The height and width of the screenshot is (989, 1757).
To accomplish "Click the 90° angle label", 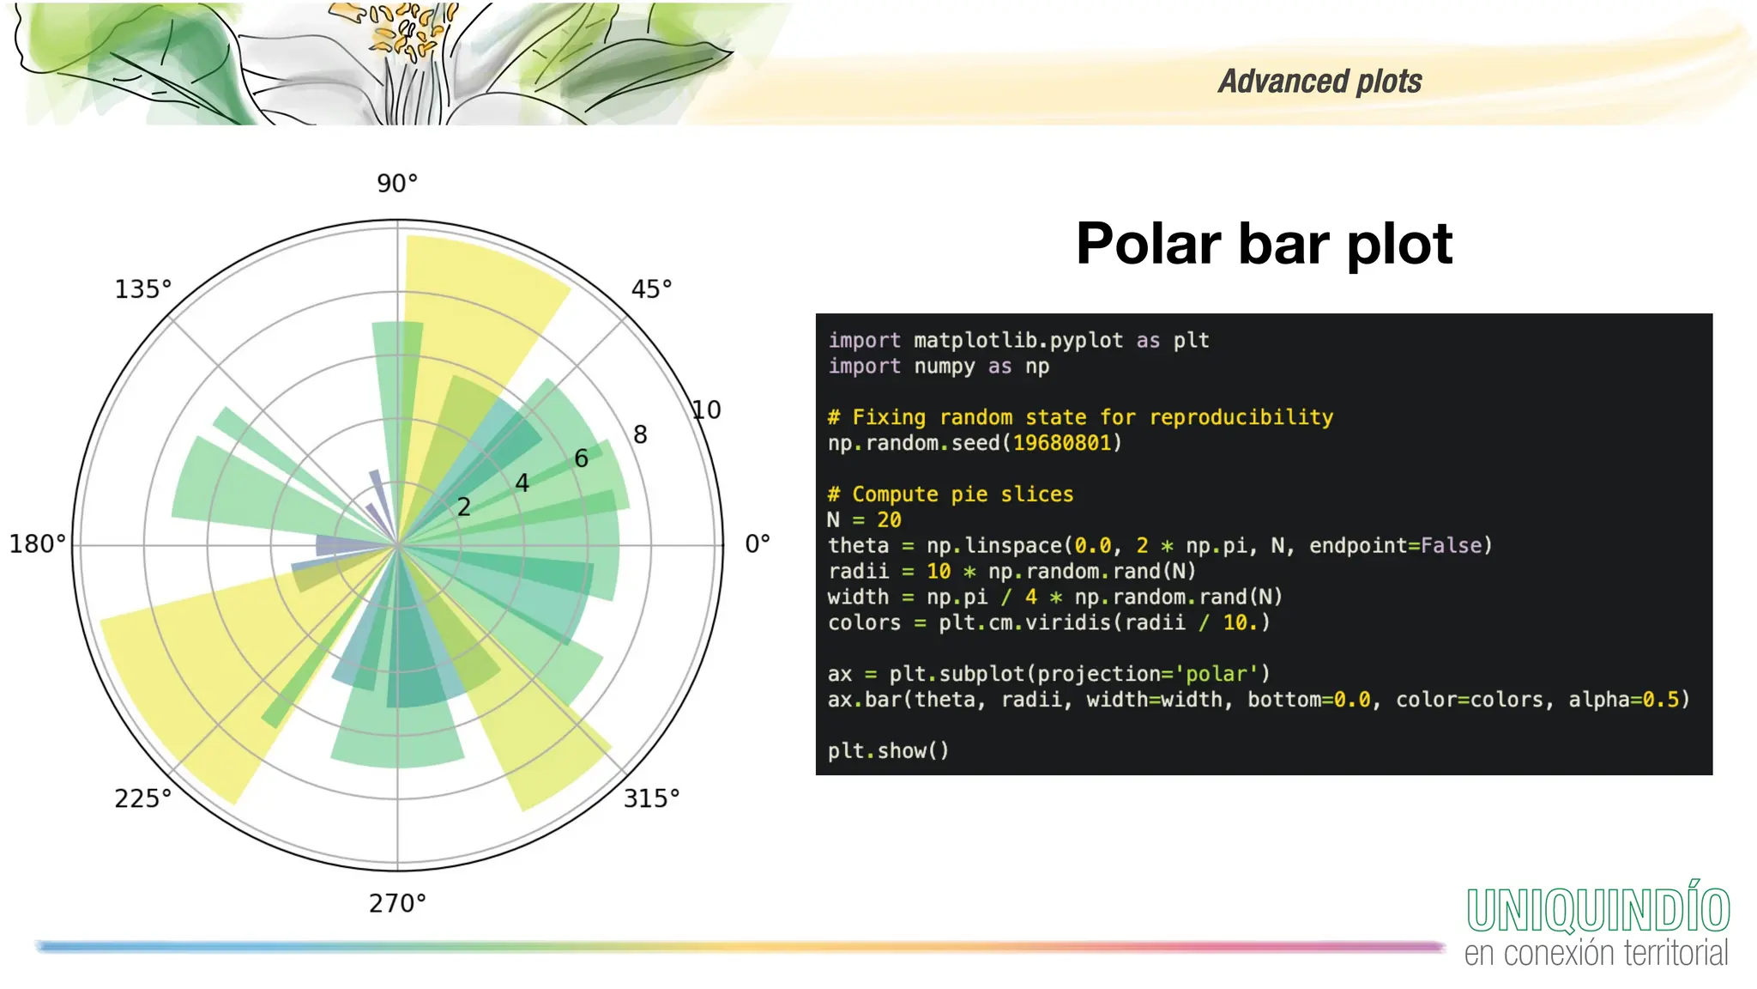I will tap(397, 183).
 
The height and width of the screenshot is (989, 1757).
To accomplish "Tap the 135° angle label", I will tap(143, 289).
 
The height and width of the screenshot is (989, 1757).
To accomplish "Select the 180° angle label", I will tap(37, 543).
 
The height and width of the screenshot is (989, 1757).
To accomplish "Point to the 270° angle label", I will tap(397, 903).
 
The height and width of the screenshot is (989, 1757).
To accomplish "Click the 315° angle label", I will tap(651, 798).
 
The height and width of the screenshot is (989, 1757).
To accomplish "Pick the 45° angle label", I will tap(651, 289).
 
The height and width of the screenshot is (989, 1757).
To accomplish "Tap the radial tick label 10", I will tap(706, 410).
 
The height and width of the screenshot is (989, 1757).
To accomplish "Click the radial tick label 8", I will tap(640, 434).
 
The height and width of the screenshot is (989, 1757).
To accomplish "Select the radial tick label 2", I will tap(464, 507).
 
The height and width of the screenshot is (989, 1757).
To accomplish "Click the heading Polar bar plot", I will tap(1264, 244).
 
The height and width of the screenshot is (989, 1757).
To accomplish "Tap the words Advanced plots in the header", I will tap(1319, 82).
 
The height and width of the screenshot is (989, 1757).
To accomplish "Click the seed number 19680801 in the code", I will tap(1061, 443).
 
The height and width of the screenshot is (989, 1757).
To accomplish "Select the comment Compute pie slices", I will tap(962, 494).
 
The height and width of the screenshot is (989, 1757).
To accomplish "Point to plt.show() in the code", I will tap(888, 750).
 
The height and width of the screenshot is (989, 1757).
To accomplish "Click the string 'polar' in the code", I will tap(1216, 674).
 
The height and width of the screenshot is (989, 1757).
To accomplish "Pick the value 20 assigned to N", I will tap(889, 520).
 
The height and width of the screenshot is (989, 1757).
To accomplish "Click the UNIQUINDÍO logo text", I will tap(1597, 910).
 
